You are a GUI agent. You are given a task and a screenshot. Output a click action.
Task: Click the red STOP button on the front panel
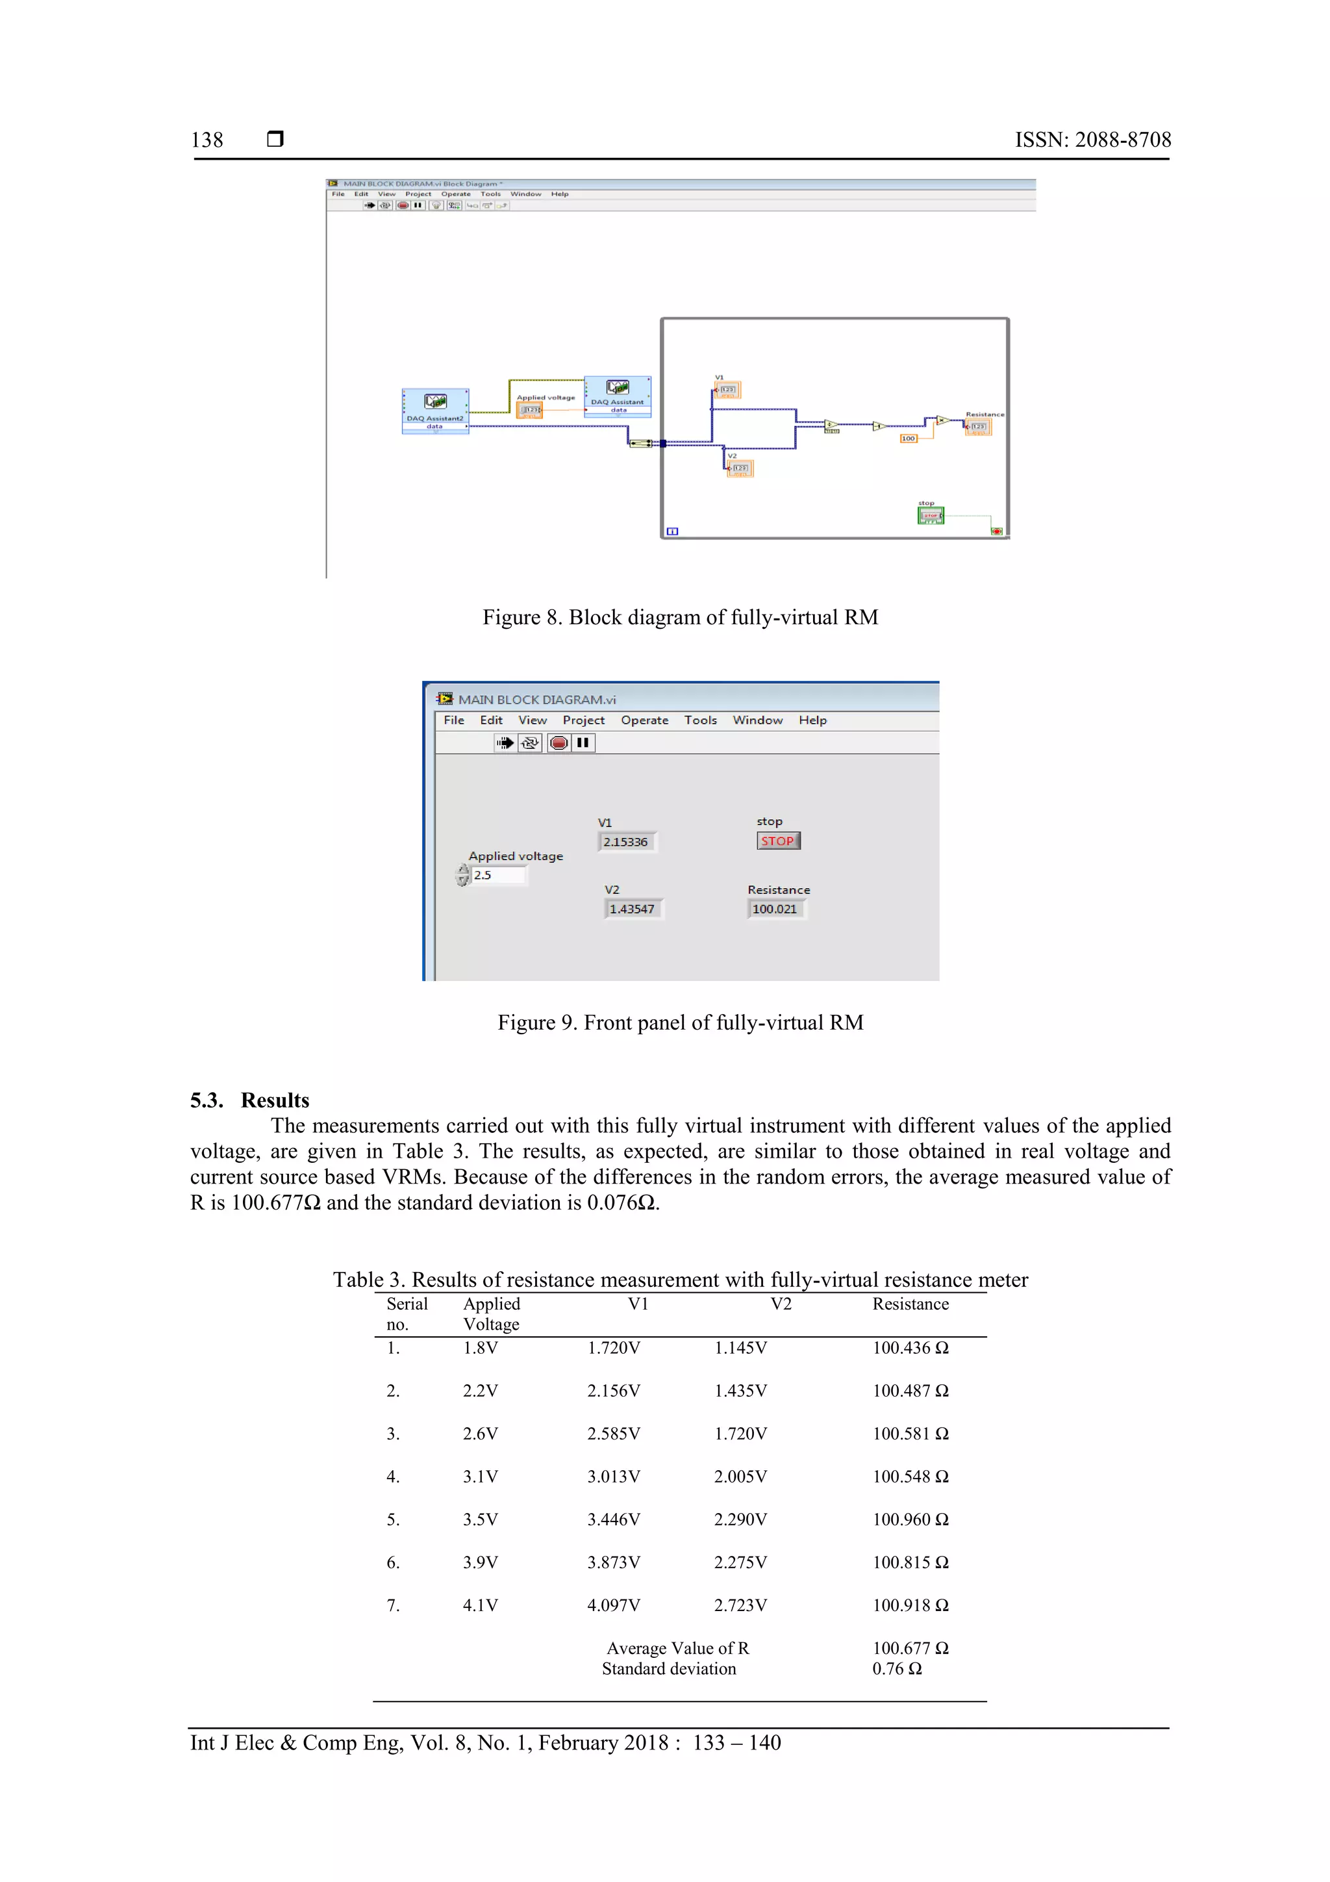point(778,841)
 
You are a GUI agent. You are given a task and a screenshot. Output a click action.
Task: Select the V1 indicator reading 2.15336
point(626,842)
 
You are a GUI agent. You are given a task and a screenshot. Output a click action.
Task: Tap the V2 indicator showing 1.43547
point(632,909)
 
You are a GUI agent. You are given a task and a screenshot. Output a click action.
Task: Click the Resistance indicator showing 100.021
point(775,909)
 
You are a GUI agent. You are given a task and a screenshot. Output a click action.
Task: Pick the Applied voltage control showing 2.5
point(498,876)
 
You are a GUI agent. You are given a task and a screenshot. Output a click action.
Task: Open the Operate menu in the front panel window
point(644,720)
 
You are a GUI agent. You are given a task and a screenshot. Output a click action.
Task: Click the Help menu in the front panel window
point(812,720)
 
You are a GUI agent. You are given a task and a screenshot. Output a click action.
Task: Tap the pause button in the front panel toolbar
point(583,743)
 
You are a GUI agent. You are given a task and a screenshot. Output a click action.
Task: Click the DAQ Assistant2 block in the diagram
point(435,411)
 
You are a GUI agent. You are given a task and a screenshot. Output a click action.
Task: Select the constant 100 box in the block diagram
point(908,439)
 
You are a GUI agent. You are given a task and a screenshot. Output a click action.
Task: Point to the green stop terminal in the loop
point(930,516)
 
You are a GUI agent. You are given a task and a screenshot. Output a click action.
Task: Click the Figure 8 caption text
point(679,617)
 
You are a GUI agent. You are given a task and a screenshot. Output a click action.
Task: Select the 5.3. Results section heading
point(250,1100)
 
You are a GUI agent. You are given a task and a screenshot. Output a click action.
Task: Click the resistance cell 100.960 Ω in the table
point(910,1520)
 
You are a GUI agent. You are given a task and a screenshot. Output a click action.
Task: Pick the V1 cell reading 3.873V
point(613,1562)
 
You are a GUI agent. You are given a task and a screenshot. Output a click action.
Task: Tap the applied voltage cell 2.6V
point(479,1434)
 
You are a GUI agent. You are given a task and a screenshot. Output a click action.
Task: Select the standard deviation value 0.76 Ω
point(896,1669)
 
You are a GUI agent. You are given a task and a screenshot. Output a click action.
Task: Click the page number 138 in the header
point(207,140)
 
